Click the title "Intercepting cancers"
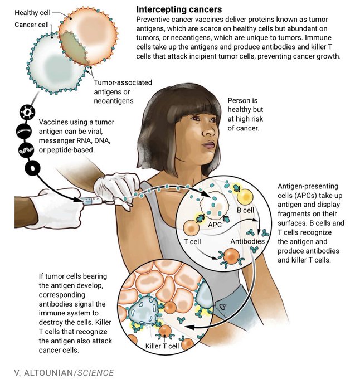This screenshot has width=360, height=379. pos(179,9)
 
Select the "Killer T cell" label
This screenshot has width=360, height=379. pos(162,347)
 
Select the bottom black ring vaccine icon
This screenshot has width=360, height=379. pos(26,168)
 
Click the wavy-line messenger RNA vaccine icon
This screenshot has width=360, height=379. pos(26,149)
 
